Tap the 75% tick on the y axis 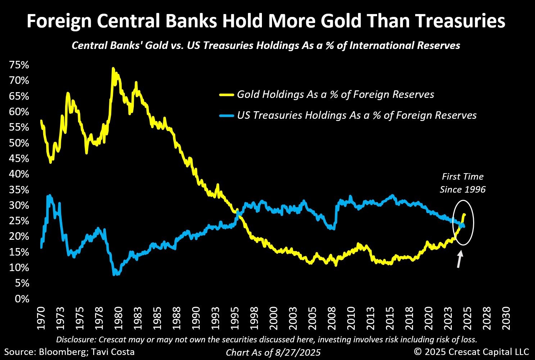[x=19, y=65]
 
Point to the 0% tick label [x=22, y=298]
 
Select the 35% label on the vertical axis [x=19, y=189]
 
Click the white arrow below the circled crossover [x=459, y=259]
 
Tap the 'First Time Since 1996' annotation [x=463, y=183]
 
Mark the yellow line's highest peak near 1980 [x=113, y=68]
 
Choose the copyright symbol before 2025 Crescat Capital [x=418, y=352]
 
